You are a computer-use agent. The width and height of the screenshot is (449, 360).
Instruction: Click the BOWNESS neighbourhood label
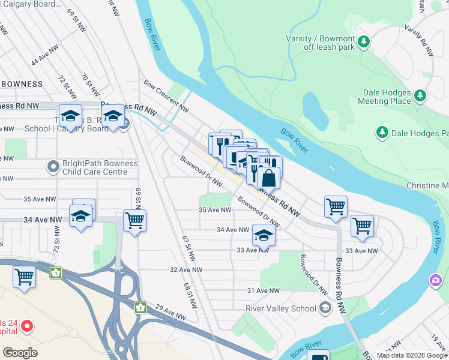coord(22,84)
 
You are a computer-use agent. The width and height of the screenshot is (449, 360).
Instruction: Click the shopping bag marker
coord(269,178)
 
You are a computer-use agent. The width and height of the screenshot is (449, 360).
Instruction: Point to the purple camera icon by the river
coord(435,280)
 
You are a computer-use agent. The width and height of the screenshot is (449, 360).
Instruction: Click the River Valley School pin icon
coord(325,308)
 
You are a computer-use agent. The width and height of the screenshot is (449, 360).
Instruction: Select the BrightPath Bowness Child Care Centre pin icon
coord(53,166)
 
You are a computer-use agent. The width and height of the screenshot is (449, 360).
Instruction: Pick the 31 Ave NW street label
coord(264,290)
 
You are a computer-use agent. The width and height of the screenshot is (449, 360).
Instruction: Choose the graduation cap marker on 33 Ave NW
coord(263,236)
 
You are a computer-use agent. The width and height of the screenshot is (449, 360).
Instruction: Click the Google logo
coord(20,353)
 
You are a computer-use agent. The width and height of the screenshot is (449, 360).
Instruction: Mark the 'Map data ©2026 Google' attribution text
coord(411,355)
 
